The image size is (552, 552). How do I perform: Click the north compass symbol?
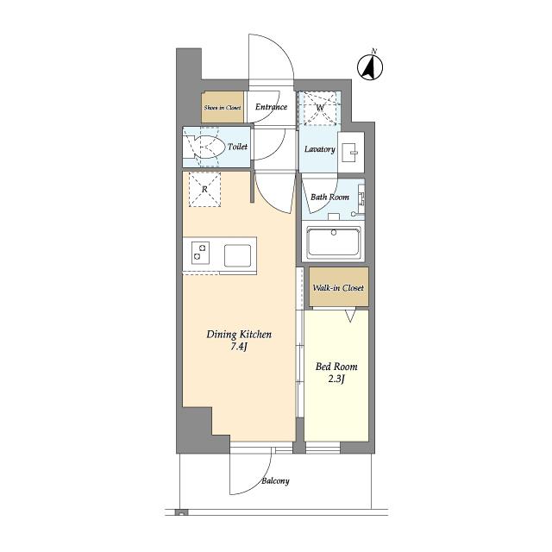pos(370,66)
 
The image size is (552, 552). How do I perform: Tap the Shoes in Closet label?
pos(223,108)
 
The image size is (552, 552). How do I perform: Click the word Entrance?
pos(271,107)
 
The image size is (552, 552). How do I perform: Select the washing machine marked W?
pos(320,108)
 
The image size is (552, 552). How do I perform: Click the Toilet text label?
pos(237,147)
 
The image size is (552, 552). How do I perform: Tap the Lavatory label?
pos(320,149)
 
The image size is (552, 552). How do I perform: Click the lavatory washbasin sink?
pos(351,153)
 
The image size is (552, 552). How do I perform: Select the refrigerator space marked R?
pos(204,189)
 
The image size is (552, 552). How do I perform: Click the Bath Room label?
pos(329,197)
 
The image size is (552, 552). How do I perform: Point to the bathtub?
pos(334,242)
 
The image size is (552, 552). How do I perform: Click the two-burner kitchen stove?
pos(201,253)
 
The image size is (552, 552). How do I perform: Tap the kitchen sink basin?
pos(238,255)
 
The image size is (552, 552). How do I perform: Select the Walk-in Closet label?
pos(338,287)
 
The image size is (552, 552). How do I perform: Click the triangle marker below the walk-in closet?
pos(350,316)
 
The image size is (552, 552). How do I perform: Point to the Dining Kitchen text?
pos(239,335)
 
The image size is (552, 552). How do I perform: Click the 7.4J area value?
pos(239,347)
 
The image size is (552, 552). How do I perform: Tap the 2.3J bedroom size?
pos(336,379)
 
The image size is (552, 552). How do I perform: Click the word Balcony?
pos(275,481)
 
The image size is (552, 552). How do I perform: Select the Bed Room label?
pos(336,367)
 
